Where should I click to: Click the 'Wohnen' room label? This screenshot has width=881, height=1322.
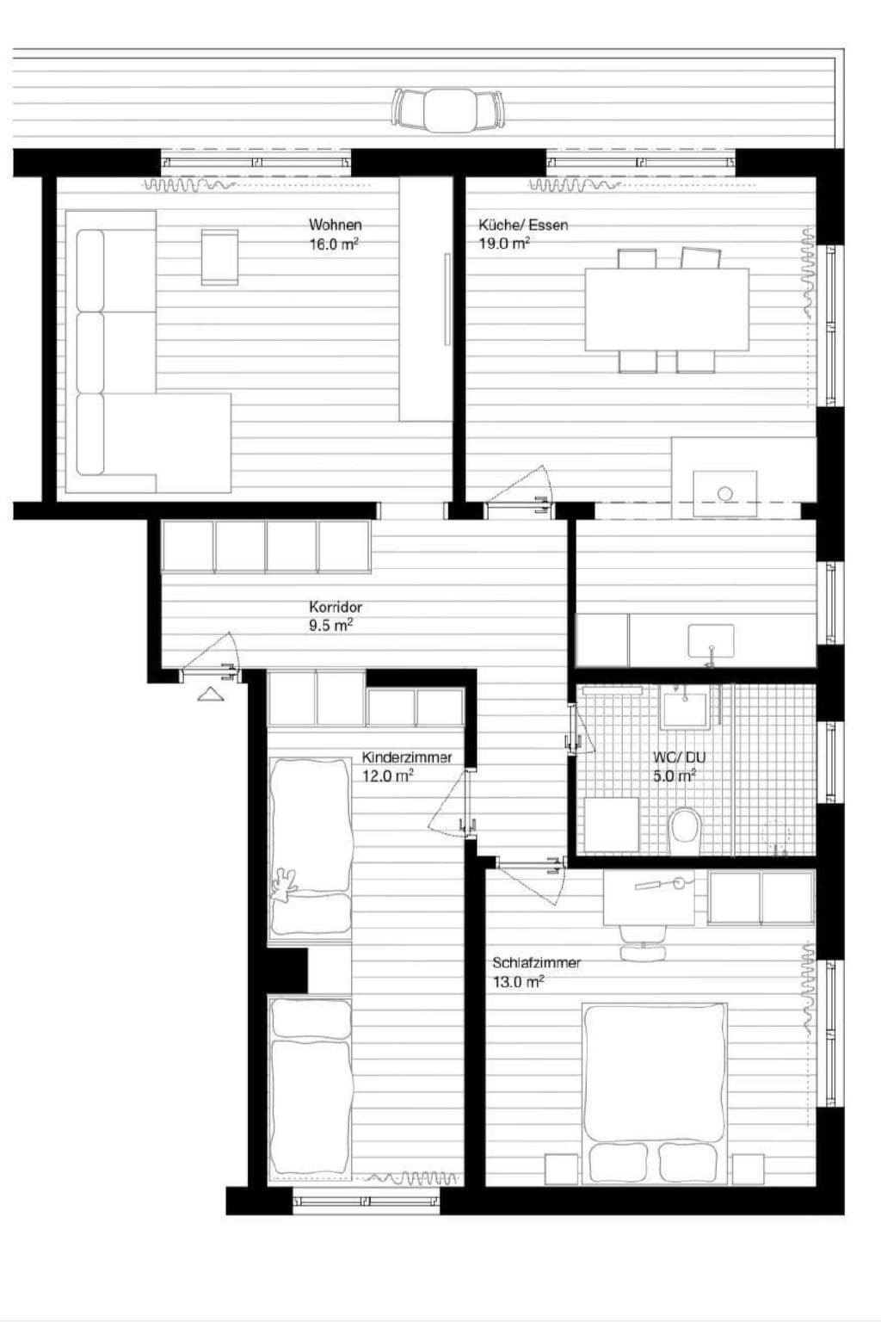(336, 225)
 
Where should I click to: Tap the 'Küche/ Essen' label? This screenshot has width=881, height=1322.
(523, 225)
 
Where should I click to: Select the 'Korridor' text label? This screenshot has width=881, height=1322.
(336, 607)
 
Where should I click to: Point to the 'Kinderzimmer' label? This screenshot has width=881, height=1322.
(406, 757)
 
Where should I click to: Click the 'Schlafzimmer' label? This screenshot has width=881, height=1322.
(536, 963)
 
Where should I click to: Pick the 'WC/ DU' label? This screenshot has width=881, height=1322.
(679, 757)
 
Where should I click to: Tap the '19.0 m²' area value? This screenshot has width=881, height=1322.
(504, 244)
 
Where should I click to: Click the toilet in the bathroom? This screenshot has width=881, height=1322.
(686, 829)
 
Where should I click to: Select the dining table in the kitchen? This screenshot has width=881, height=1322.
(667, 309)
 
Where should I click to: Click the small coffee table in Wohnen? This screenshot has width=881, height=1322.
(219, 256)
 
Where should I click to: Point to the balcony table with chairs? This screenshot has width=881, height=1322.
(447, 110)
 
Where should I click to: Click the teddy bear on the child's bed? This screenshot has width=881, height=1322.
(283, 886)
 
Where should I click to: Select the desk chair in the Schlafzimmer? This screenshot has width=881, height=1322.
(644, 943)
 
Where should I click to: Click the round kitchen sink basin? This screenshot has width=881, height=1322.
(724, 493)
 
